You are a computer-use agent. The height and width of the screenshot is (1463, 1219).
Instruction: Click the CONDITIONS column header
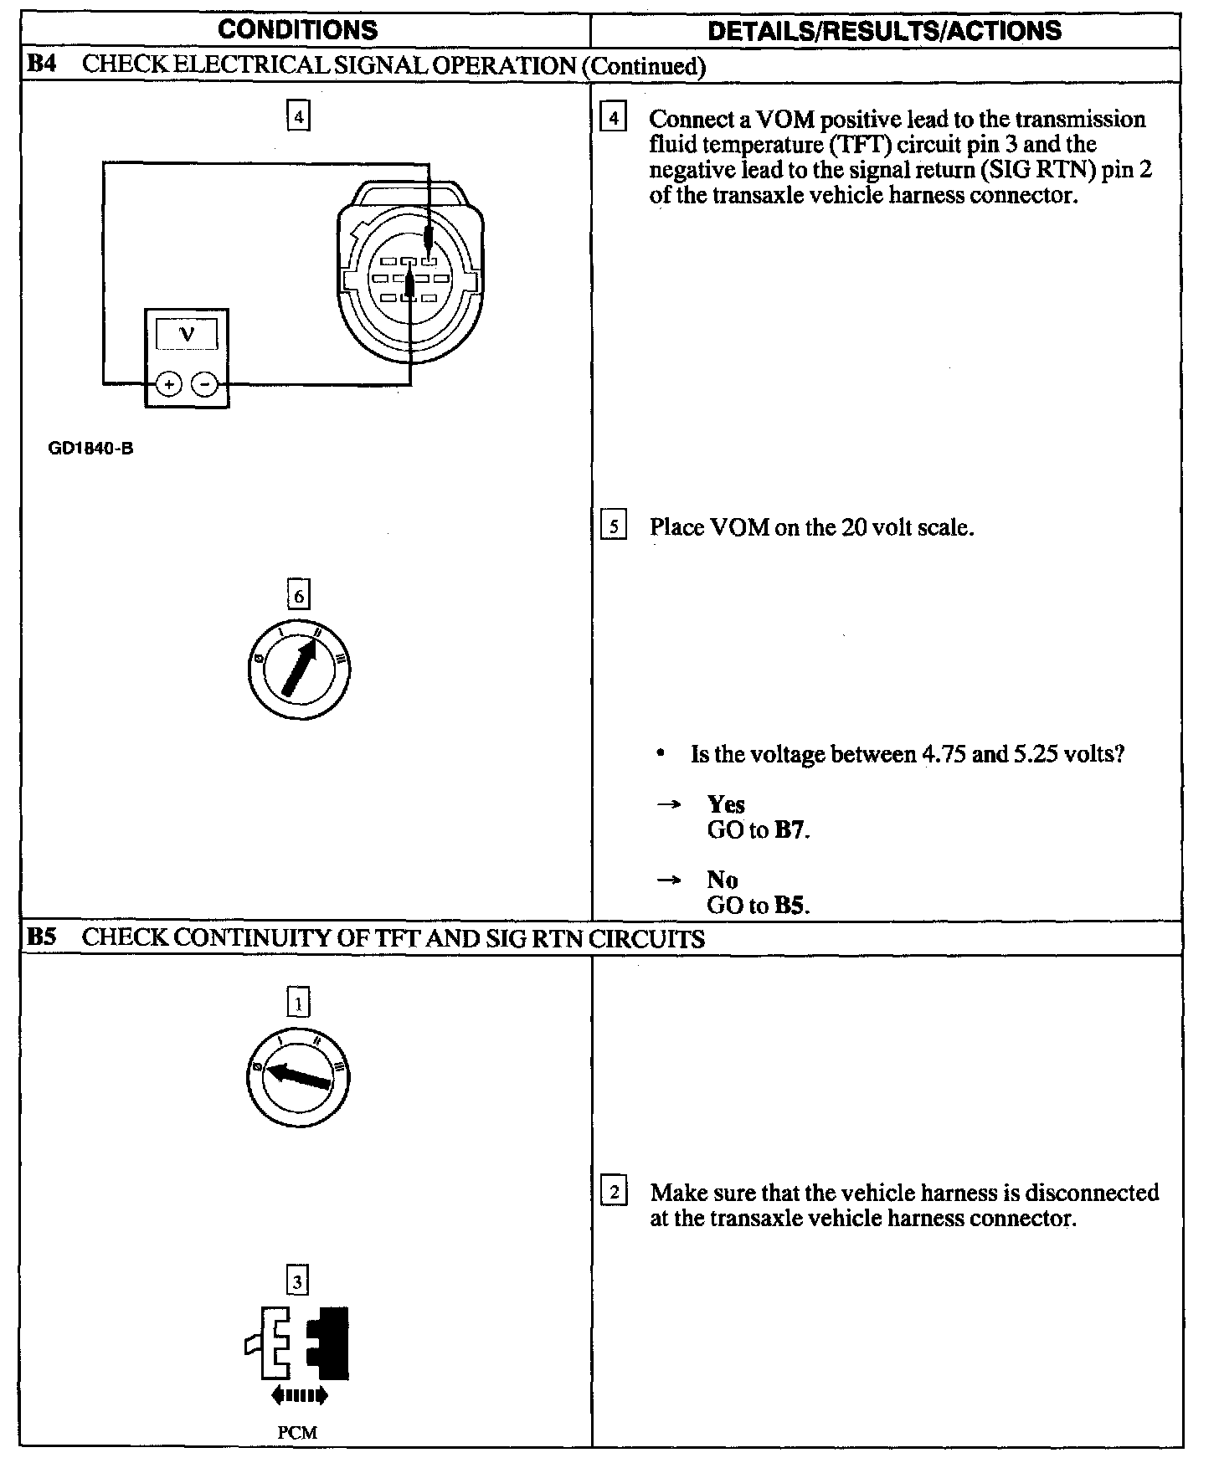tap(297, 31)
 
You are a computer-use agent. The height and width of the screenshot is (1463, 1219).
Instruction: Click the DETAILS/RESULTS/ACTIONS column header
tap(884, 31)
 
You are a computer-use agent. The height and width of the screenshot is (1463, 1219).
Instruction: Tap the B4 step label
tap(41, 65)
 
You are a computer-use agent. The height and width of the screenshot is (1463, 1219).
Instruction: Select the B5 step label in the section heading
tap(41, 937)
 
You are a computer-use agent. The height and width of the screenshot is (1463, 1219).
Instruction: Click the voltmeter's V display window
tap(187, 334)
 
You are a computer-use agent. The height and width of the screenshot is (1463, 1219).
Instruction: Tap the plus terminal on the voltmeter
tap(169, 384)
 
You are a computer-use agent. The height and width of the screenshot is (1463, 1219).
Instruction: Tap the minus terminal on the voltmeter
tap(205, 384)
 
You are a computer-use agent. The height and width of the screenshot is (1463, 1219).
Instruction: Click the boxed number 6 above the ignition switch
tap(298, 595)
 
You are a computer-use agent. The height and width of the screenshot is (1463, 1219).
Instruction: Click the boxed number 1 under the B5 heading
tap(298, 1002)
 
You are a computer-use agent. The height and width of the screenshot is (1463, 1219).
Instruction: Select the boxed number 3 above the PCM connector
tap(298, 1281)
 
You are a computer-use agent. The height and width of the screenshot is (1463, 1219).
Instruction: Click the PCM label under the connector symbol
tap(297, 1432)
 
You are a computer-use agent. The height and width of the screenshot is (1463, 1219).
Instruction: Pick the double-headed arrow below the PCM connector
tap(299, 1394)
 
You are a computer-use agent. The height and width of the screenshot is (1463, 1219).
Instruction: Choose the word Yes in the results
tap(726, 804)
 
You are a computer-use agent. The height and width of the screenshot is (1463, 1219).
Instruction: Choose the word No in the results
tap(722, 880)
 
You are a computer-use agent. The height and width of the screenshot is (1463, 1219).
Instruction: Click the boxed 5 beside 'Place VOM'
tap(614, 527)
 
